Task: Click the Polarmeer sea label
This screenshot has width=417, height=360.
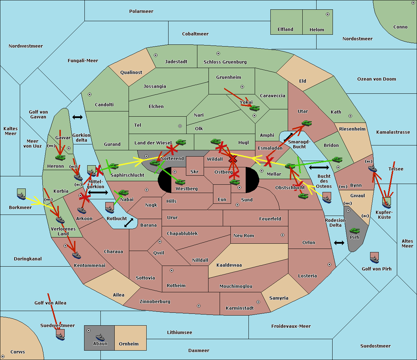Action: click(x=141, y=11)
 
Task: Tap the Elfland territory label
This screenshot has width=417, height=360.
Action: click(x=285, y=30)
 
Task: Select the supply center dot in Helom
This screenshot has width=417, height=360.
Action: click(x=327, y=14)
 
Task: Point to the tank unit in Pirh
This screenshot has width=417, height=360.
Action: click(x=354, y=231)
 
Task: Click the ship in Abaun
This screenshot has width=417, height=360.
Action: click(x=100, y=337)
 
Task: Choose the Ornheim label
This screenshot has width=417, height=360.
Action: click(x=129, y=344)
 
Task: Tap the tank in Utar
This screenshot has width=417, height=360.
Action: click(x=306, y=123)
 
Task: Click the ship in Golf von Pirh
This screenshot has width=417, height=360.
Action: click(x=374, y=258)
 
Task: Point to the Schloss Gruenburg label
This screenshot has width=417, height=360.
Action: click(x=225, y=62)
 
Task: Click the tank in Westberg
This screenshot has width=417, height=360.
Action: click(x=180, y=182)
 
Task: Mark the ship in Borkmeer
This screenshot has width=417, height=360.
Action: click(x=22, y=195)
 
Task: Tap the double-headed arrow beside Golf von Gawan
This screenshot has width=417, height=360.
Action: click(x=77, y=117)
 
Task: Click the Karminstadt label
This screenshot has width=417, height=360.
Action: click(x=240, y=308)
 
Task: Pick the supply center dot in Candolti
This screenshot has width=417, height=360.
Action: click(x=90, y=94)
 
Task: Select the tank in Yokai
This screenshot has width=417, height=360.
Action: click(x=254, y=108)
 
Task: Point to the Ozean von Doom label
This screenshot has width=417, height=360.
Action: click(x=376, y=79)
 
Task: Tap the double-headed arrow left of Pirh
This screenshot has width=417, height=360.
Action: click(x=339, y=243)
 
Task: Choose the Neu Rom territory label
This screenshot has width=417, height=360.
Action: click(x=244, y=236)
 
